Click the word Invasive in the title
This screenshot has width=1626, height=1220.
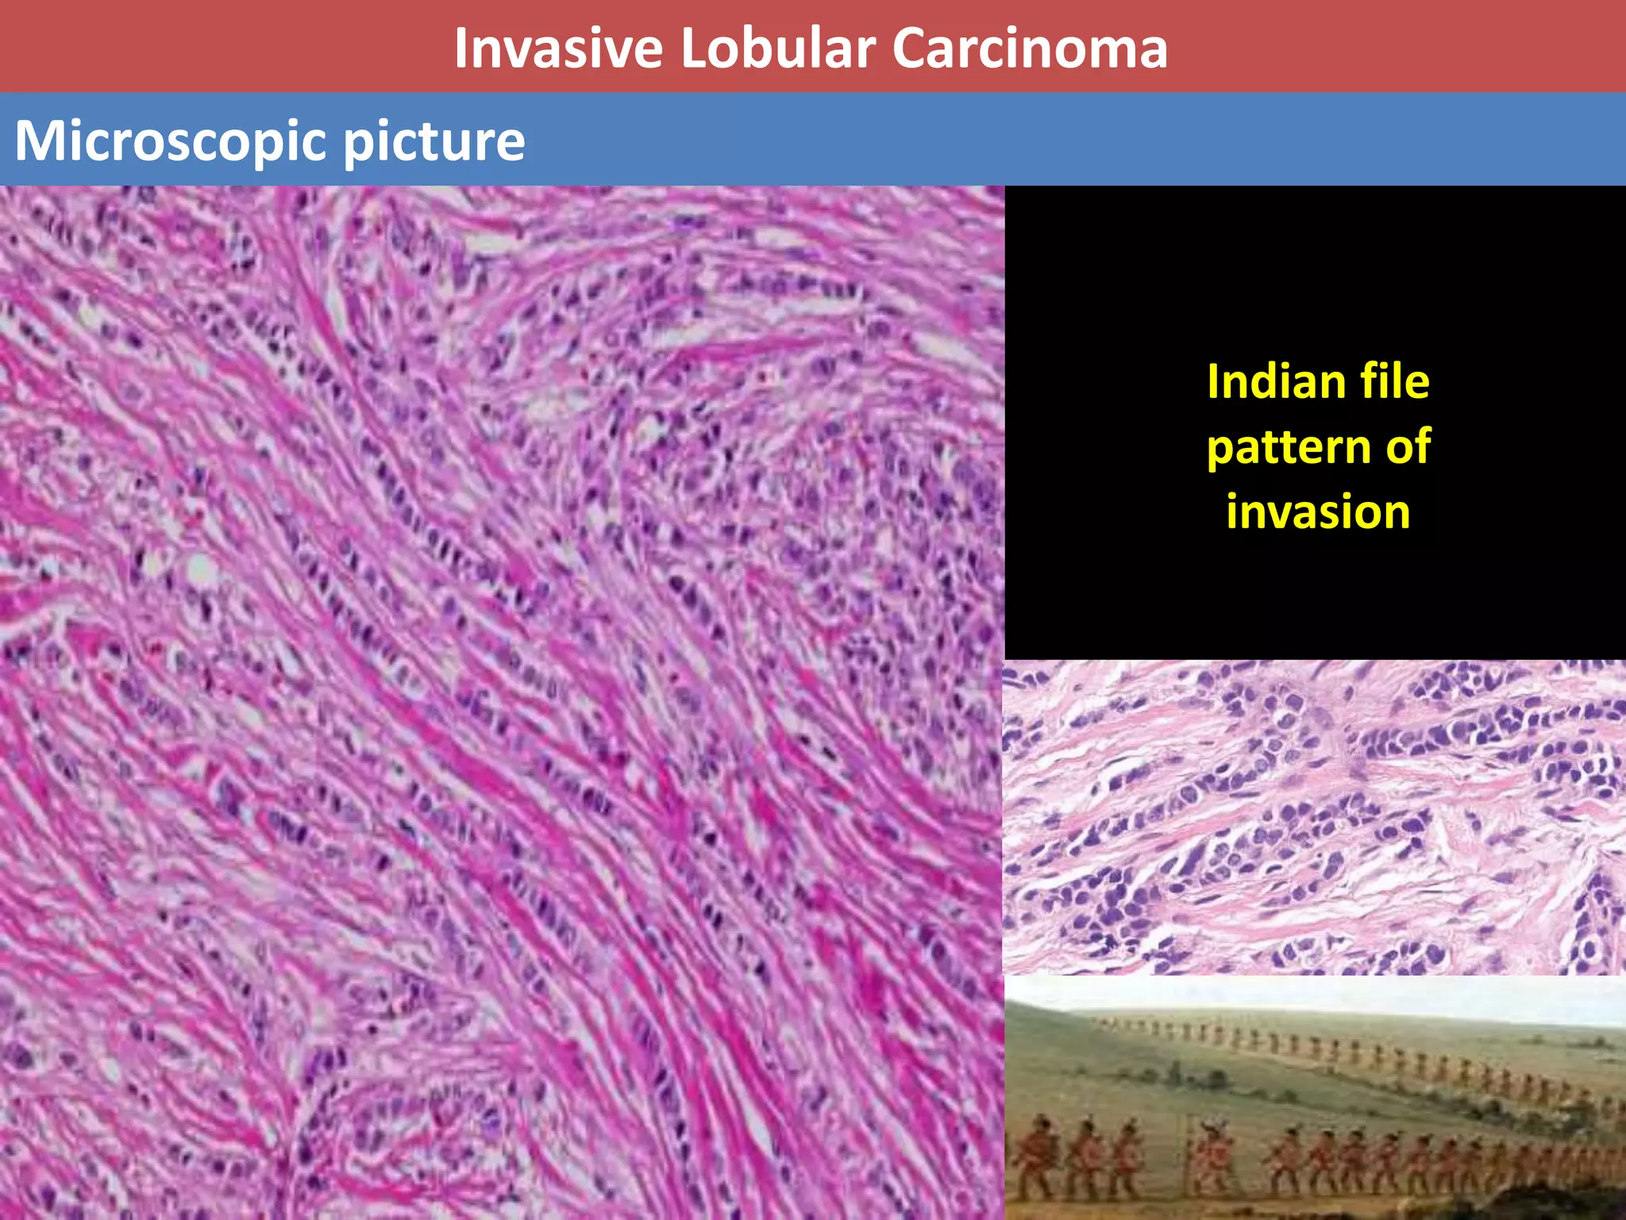coord(558,48)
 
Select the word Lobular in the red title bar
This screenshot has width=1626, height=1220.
coord(777,48)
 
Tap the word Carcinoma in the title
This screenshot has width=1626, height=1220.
coord(1029,48)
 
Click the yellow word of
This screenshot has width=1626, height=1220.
coord(1408,446)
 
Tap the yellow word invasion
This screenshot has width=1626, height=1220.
coord(1318,512)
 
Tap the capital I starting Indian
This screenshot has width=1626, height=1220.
coord(1212,382)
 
